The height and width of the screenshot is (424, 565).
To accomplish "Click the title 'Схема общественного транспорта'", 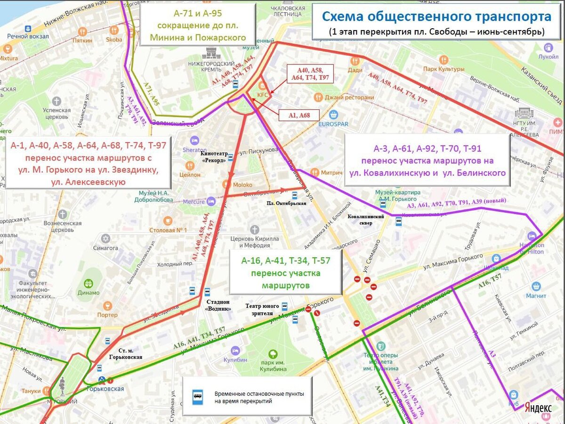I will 436,17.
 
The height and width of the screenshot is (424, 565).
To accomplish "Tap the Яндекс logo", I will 538,408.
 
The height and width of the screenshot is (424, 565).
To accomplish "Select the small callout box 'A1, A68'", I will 299,115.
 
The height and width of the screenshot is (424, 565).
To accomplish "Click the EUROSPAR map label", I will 333,124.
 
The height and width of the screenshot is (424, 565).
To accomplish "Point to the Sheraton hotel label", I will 195,150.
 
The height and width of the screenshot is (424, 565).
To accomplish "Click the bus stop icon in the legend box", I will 197,397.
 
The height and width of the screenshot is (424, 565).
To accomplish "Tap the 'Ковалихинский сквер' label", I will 366,220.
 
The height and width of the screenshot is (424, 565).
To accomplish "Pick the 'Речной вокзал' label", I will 28,36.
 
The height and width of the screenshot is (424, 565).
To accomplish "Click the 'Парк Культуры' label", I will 443,69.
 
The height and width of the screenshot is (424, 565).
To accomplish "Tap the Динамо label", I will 89,292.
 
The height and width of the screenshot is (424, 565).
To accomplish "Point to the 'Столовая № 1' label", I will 168,230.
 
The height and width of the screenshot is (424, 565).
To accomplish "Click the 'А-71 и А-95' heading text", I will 198,13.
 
